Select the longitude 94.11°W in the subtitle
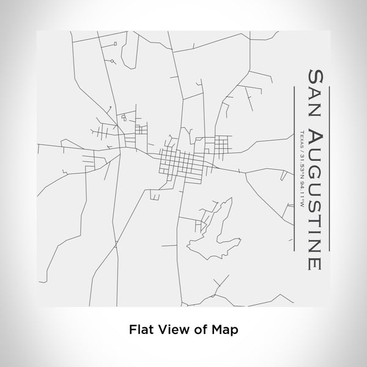[x=301, y=196]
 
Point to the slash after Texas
[x=301, y=149]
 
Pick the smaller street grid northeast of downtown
[x=219, y=145]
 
